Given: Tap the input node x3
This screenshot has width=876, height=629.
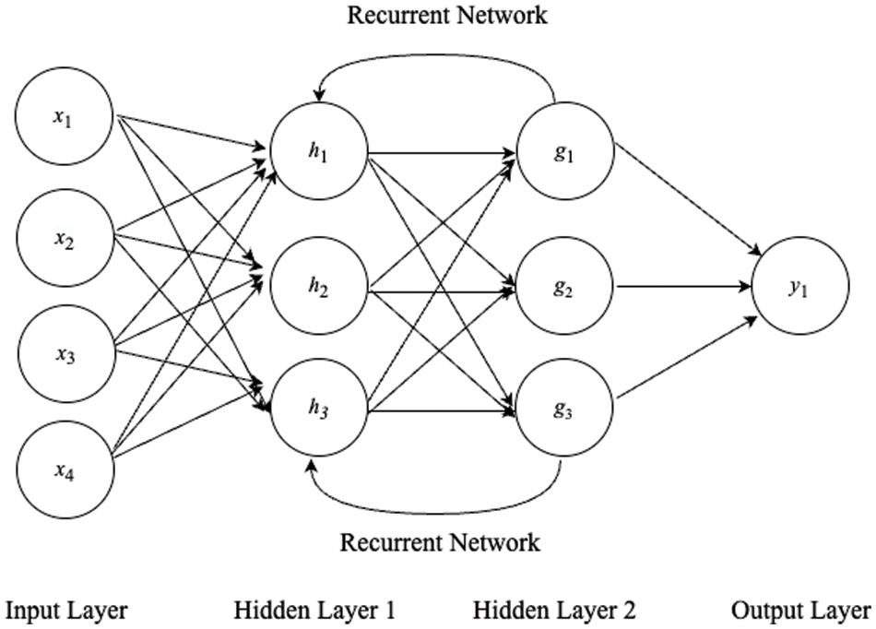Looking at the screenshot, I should (64, 355).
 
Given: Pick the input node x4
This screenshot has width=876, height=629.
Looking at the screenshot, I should (64, 472).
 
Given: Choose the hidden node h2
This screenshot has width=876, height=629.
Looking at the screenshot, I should (318, 288).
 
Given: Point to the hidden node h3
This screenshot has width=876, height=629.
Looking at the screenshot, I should (318, 407).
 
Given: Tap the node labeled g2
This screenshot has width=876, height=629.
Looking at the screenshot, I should (565, 288).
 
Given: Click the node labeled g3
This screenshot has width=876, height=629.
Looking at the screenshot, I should (565, 407).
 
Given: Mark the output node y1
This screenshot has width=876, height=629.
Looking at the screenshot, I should (799, 288).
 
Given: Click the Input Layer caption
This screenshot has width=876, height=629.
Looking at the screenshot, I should (66, 611).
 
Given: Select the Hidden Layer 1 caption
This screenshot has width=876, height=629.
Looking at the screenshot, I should (314, 611).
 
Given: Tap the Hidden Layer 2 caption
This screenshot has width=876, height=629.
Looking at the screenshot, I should (554, 611).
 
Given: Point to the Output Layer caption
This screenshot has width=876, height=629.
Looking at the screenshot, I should (800, 611).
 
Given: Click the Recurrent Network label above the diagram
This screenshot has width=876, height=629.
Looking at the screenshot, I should (446, 15).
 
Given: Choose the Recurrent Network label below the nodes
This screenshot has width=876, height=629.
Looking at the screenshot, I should (440, 541).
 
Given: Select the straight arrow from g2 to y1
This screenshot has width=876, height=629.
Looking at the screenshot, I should (682, 288).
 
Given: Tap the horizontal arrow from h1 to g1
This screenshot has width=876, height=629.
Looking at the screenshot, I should (443, 149).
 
